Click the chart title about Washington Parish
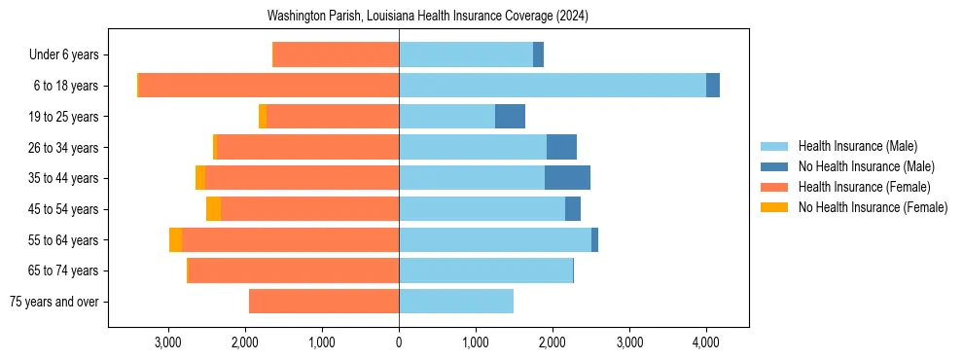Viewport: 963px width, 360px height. pos(428,17)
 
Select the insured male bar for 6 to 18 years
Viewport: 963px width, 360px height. pos(553,86)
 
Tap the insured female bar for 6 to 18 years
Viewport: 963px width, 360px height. pos(268,86)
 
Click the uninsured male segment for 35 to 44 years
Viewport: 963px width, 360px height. pos(567,178)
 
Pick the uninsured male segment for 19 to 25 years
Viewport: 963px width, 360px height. pos(510,117)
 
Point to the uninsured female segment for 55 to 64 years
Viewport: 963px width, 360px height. pos(175,239)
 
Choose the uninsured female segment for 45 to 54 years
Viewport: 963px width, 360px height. pos(213,209)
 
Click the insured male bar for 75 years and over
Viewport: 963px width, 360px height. pos(456,302)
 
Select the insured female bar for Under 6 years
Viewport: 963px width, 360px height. pos(336,54)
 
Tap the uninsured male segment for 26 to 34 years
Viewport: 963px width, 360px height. pos(561,147)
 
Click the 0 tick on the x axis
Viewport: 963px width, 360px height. pos(399,342)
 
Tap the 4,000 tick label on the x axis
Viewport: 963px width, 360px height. pos(706,342)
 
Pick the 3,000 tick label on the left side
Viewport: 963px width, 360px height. pos(168,342)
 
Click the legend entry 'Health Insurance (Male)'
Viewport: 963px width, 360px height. pos(852,146)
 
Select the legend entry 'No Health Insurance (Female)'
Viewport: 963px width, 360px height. pos(873,207)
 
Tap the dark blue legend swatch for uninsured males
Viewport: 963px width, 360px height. pos(774,166)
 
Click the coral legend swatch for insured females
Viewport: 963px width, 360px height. pos(774,187)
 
